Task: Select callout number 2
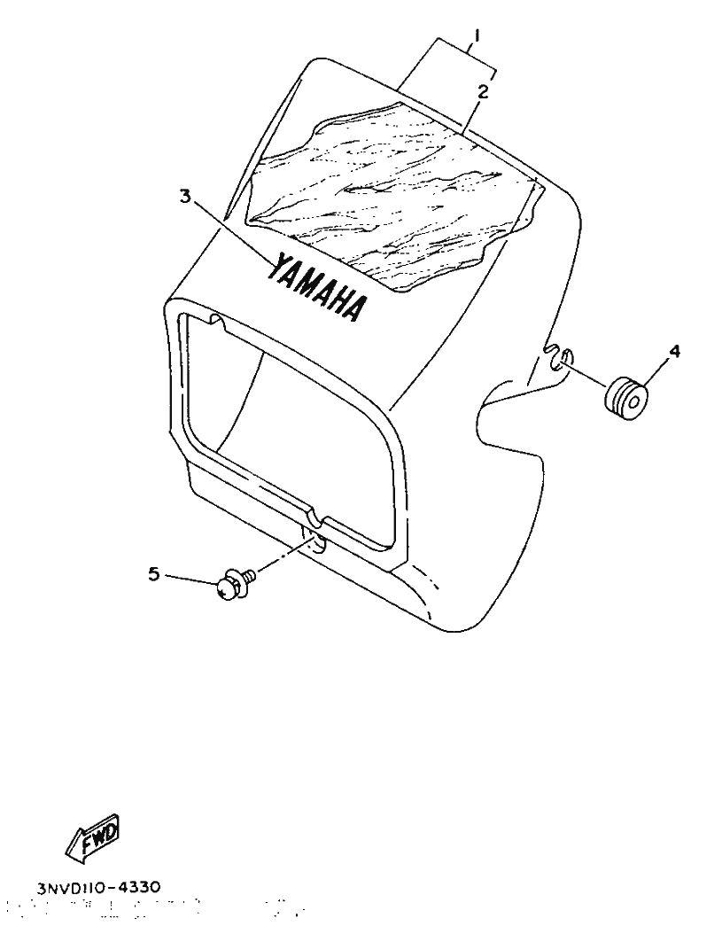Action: tap(483, 91)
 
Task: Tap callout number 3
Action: tap(186, 196)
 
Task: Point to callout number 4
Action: tap(673, 352)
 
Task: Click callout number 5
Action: tap(153, 572)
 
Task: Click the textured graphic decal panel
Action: tap(395, 195)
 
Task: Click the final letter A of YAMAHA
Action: tap(357, 309)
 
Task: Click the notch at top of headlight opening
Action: tap(218, 323)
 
